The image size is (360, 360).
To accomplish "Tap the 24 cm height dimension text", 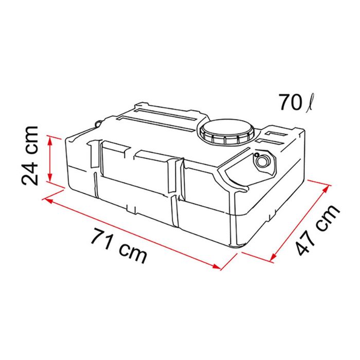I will point(30,155).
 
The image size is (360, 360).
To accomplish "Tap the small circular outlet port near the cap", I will point(262,161).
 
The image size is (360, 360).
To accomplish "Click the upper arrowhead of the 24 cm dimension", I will point(50,138).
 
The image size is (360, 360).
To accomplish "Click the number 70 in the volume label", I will point(289,102).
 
